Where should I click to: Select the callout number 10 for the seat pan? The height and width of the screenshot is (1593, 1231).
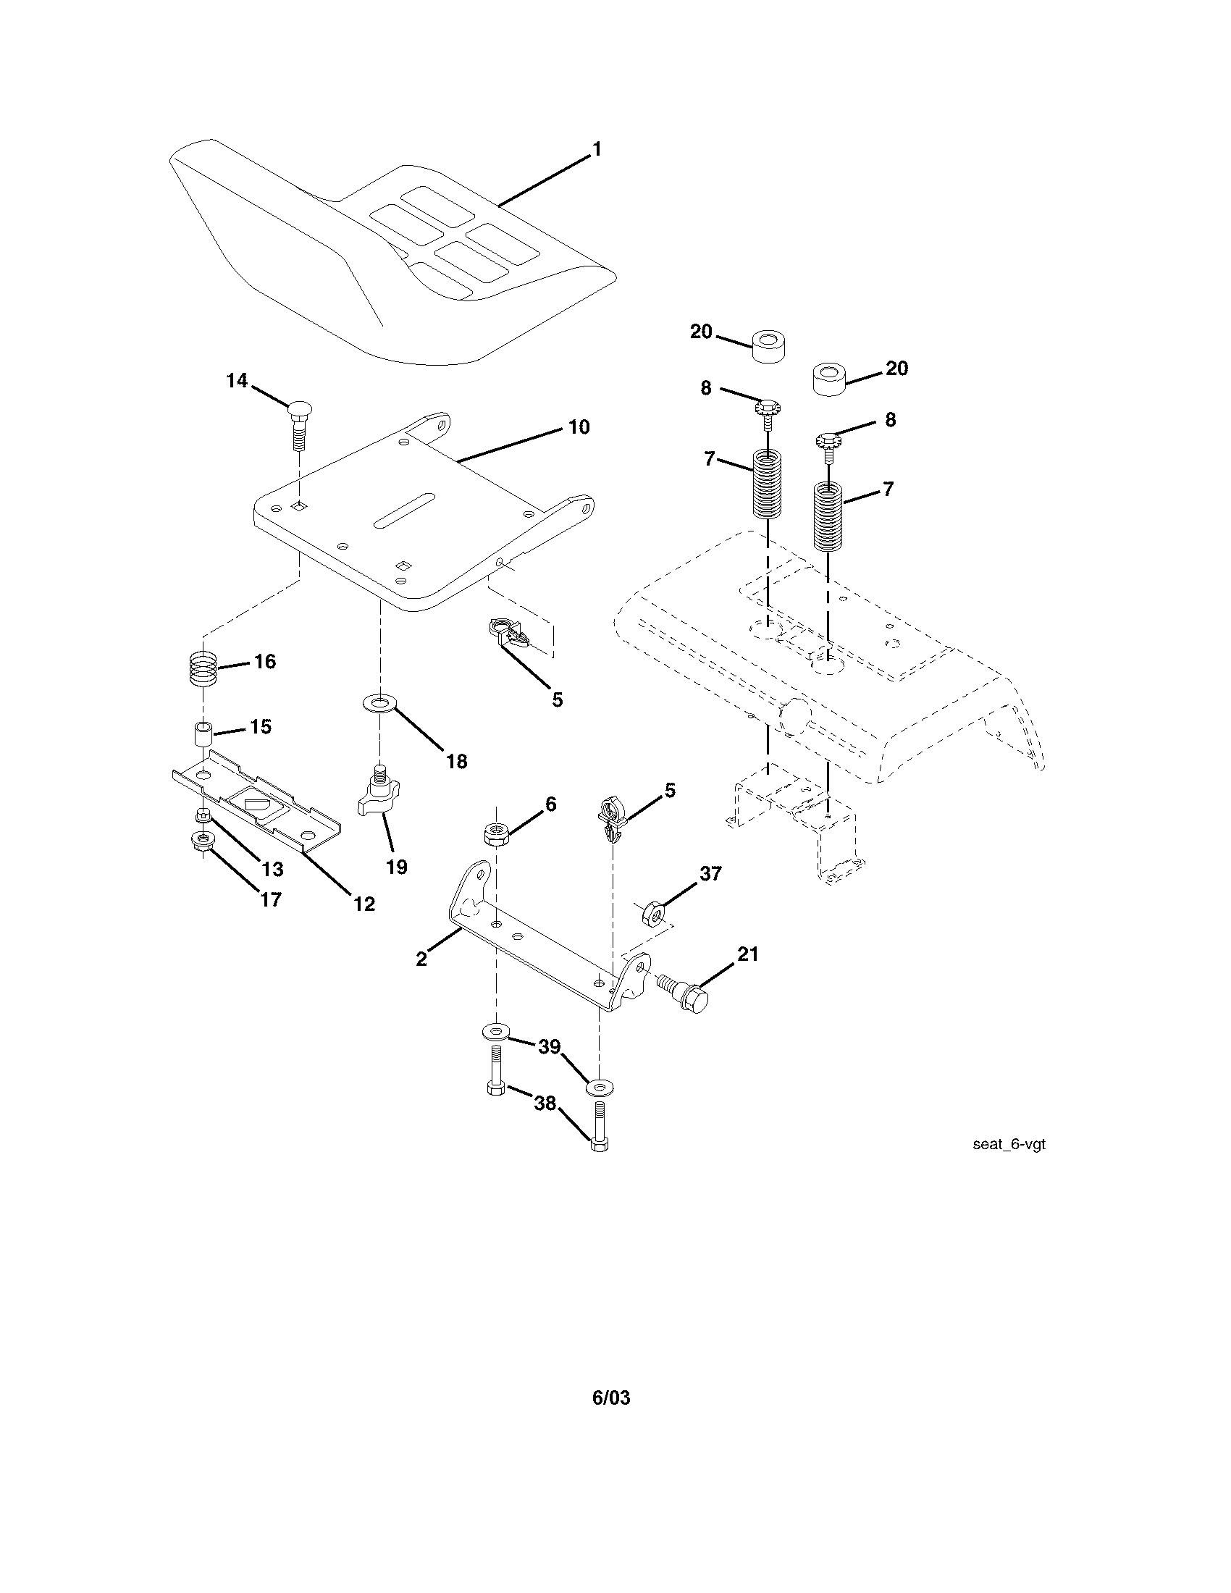tap(579, 426)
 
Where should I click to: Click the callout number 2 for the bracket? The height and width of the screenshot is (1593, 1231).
tap(421, 959)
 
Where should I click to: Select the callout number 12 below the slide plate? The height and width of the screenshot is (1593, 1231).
tap(364, 904)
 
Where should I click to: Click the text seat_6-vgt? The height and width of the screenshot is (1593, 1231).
tap(1009, 1143)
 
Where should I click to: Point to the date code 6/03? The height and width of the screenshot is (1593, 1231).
tap(610, 1397)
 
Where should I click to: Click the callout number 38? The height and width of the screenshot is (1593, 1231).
tap(545, 1104)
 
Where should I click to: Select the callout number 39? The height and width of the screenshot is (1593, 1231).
tap(549, 1047)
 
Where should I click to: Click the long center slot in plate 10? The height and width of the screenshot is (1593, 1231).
tap(403, 509)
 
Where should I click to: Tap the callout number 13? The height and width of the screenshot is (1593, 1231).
tap(272, 869)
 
